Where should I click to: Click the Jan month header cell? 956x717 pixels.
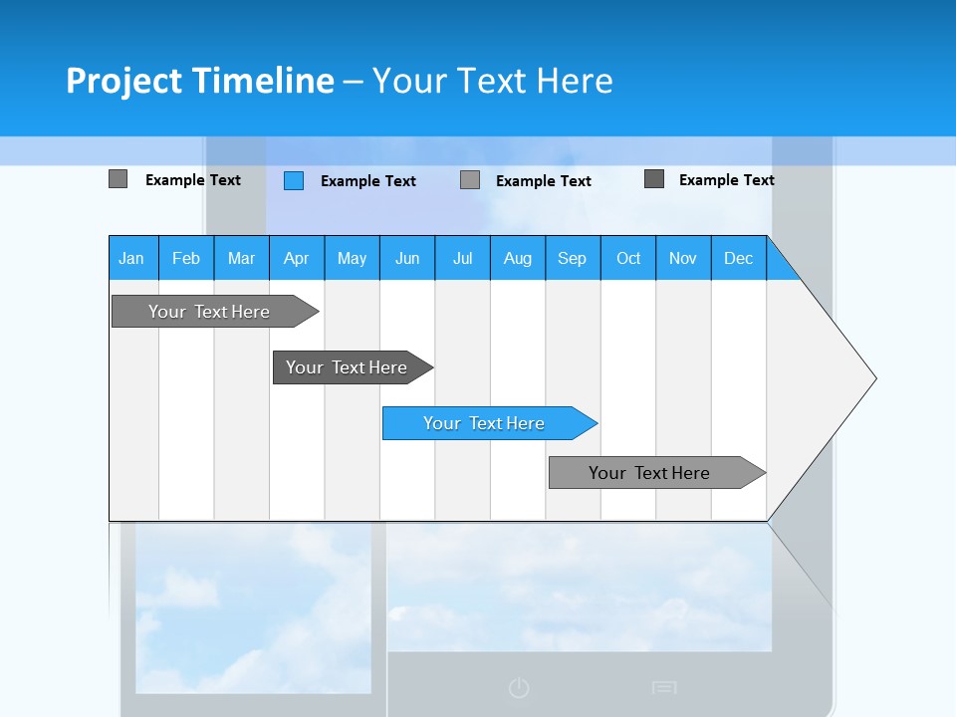point(132,258)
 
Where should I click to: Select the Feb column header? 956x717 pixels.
point(186,258)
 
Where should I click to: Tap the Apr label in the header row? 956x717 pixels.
point(296,258)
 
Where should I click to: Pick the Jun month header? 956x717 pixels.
point(407,258)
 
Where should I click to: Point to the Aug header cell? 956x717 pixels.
point(517,258)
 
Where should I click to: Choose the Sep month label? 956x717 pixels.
point(572,258)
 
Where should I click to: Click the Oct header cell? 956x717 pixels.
point(628,258)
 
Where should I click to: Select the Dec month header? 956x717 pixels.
point(738,258)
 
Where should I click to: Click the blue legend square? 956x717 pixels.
point(294,180)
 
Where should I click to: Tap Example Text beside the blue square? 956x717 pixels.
point(367,181)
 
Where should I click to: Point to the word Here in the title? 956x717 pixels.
point(575,81)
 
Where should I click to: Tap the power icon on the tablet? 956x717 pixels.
point(519,687)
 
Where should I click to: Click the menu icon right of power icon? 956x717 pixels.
point(664,687)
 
